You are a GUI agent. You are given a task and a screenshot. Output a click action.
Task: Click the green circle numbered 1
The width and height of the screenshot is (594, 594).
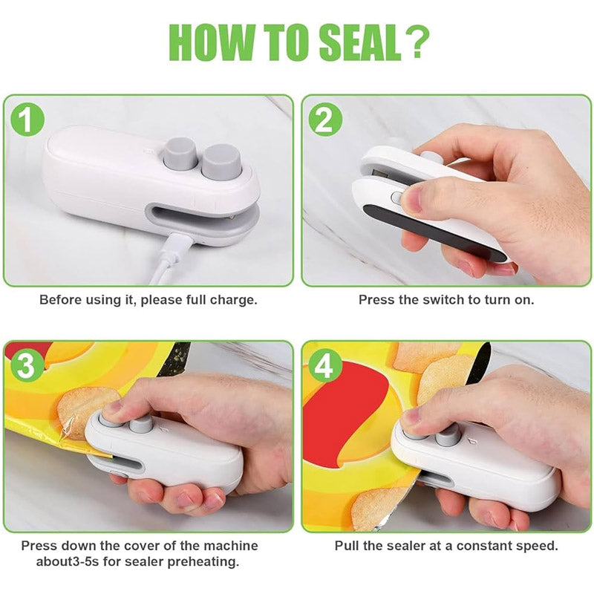[27, 120]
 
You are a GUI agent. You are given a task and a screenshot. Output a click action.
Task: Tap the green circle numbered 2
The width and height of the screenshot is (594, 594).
[324, 120]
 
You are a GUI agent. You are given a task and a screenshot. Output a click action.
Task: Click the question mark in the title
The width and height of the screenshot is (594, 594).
[416, 43]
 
